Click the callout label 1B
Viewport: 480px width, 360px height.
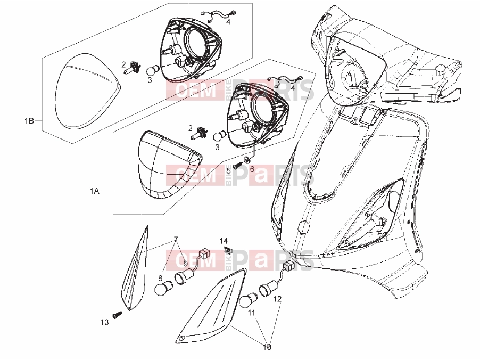pyautogui.click(x=29, y=121)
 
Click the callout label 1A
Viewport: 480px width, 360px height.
pyautogui.click(x=95, y=191)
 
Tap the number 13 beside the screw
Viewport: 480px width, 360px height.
pyautogui.click(x=104, y=322)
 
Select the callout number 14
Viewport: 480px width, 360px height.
pyautogui.click(x=224, y=241)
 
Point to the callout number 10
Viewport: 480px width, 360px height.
pyautogui.click(x=267, y=347)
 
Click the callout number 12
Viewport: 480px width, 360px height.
pyautogui.click(x=277, y=299)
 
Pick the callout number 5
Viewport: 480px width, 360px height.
pyautogui.click(x=228, y=170)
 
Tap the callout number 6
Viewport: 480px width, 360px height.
pyautogui.click(x=252, y=169)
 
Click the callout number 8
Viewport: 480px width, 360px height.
pyautogui.click(x=160, y=278)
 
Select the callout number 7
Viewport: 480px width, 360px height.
pyautogui.click(x=176, y=239)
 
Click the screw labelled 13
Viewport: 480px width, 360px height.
pyautogui.click(x=118, y=315)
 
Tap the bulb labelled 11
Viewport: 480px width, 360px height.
pyautogui.click(x=247, y=300)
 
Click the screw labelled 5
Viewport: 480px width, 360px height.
pyautogui.click(x=238, y=166)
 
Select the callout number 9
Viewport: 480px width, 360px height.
pyautogui.click(x=185, y=263)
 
